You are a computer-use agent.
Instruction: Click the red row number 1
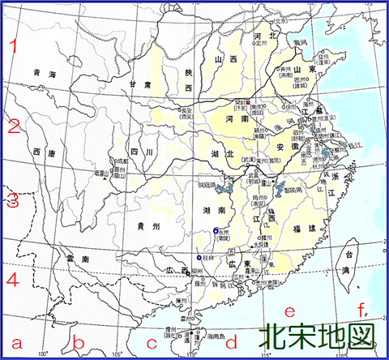[12, 47]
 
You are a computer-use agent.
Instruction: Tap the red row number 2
[12, 127]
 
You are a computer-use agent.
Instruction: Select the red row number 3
[12, 200]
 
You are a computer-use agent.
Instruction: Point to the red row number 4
[12, 280]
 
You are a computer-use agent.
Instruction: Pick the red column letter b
[79, 341]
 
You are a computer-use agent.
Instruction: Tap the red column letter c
[151, 340]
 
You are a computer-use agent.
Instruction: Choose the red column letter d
[231, 340]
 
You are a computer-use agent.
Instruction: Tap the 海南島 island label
[212, 333]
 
